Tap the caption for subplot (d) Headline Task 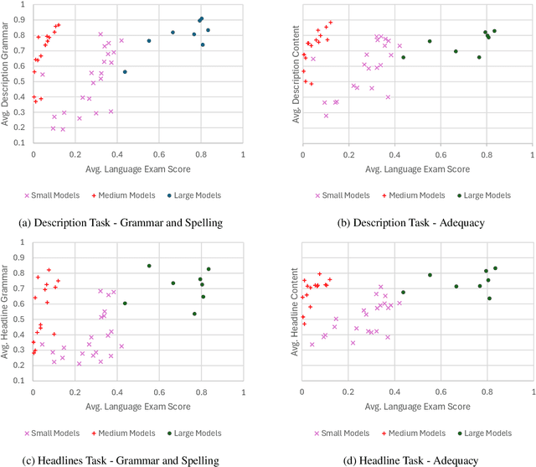(402, 459)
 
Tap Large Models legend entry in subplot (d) (486, 433)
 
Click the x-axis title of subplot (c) (137, 407)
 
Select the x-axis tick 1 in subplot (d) (533, 394)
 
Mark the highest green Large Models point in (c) (149, 266)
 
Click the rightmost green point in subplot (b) (494, 31)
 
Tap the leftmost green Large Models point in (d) (403, 293)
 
